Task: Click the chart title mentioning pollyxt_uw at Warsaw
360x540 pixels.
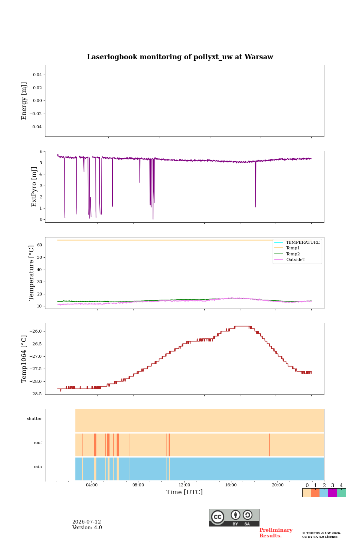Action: (180, 57)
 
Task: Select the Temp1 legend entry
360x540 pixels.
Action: (293, 248)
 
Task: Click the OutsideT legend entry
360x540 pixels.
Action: (295, 259)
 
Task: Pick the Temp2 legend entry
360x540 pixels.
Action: (293, 254)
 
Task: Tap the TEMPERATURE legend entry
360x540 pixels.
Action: (303, 242)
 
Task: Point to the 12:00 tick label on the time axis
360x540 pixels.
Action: (184, 485)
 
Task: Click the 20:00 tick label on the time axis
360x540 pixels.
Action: (277, 485)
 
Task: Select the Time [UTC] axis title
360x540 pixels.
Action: (184, 492)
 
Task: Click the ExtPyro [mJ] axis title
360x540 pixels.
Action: (34, 187)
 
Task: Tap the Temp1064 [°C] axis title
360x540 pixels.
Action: (24, 359)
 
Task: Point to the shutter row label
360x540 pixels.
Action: (34, 418)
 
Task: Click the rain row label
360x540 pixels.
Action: (37, 466)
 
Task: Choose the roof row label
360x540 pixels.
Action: (38, 442)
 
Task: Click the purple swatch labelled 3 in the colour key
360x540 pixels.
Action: (332, 493)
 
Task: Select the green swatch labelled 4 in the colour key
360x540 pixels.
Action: (341, 493)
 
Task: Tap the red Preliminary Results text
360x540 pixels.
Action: (276, 533)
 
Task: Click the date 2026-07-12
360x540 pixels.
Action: (87, 522)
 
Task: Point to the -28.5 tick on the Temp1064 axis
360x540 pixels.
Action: (36, 394)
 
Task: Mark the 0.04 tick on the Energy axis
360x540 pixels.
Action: (37, 75)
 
